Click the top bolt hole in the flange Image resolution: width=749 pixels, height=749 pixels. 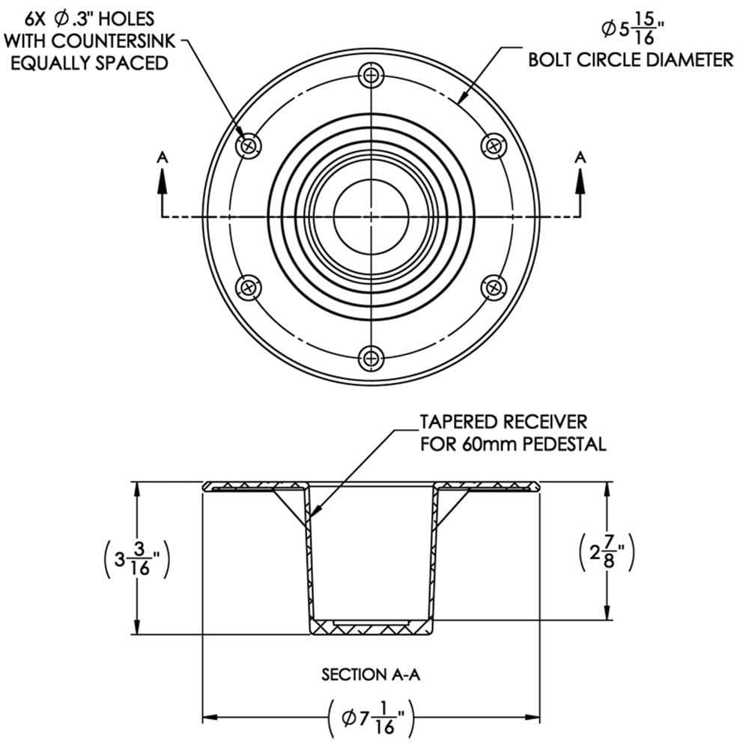(x=371, y=74)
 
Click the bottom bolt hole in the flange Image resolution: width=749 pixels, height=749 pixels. (x=371, y=357)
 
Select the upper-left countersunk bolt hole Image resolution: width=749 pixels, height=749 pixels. (x=249, y=145)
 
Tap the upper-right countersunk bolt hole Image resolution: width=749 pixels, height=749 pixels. (x=493, y=145)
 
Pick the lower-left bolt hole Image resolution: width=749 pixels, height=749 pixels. (x=248, y=286)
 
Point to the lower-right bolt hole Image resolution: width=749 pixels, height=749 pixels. (x=493, y=286)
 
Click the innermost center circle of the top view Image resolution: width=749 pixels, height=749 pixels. (x=370, y=216)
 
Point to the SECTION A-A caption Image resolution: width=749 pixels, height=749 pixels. (x=372, y=675)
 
